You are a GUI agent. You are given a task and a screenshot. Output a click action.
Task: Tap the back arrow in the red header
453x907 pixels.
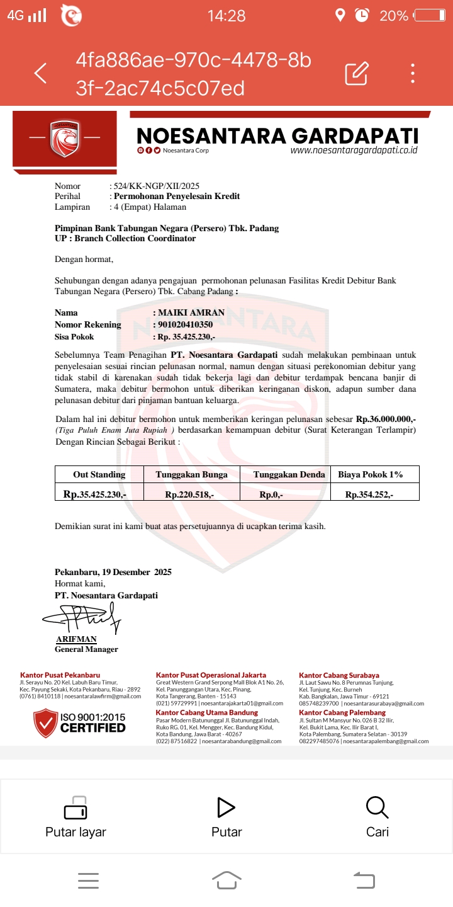click(x=40, y=74)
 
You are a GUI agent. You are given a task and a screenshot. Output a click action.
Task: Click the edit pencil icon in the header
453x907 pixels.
click(x=356, y=74)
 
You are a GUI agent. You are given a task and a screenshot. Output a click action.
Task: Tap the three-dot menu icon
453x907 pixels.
click(x=413, y=74)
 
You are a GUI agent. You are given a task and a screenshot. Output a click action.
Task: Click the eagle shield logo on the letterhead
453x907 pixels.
click(x=65, y=138)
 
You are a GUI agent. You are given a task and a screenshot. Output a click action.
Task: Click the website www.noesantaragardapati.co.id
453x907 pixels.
click(x=354, y=151)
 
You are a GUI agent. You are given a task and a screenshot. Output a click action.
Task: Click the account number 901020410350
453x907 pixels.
click(x=185, y=324)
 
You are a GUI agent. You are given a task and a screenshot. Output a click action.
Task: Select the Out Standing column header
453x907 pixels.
click(x=99, y=474)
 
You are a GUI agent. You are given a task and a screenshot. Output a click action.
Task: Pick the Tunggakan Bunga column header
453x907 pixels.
click(x=191, y=474)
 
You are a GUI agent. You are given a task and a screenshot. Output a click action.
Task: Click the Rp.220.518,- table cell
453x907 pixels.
click(x=189, y=494)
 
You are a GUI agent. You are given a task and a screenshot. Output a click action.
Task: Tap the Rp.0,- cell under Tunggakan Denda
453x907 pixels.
click(x=271, y=494)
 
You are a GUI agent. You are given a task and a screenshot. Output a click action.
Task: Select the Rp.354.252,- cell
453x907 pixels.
click(x=369, y=494)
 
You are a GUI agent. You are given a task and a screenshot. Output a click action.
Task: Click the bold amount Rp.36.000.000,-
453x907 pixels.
click(x=386, y=418)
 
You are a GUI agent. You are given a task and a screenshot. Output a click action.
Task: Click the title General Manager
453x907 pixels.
click(x=86, y=649)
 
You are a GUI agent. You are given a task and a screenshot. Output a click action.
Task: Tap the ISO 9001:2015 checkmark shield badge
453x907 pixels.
click(x=45, y=723)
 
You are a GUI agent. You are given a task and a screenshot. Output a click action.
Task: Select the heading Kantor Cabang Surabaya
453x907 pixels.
click(x=339, y=675)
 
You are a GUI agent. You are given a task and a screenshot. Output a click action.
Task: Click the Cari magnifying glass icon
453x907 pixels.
click(x=377, y=807)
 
